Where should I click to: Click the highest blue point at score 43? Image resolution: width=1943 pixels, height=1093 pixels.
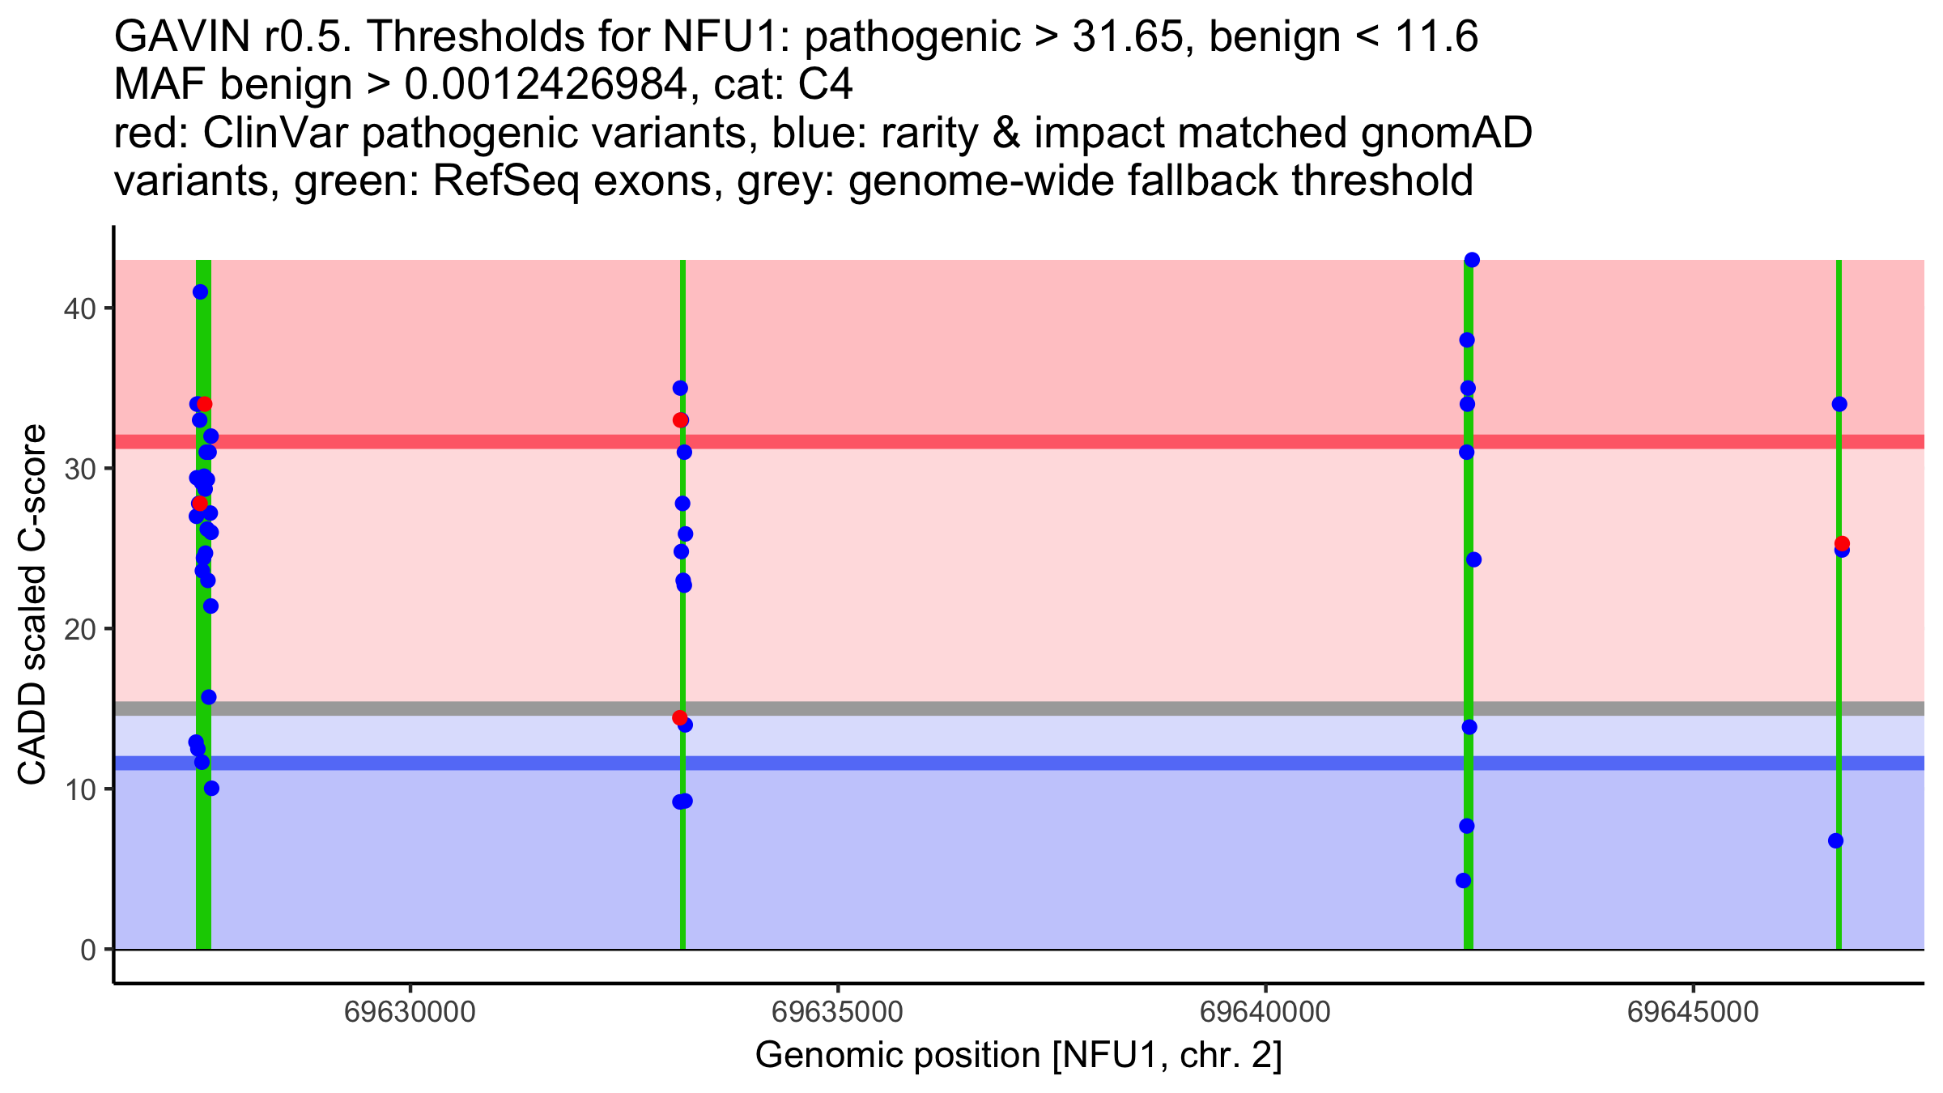(x=1472, y=260)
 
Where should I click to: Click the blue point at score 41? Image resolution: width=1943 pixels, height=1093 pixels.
(x=201, y=292)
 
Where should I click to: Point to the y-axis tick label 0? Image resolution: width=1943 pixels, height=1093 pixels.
(x=87, y=950)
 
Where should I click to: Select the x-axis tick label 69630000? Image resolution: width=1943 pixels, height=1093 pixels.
(x=410, y=1012)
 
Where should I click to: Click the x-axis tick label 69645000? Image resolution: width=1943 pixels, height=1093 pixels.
(x=1693, y=1012)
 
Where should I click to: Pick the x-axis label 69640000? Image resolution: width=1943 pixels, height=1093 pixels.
(x=1265, y=1012)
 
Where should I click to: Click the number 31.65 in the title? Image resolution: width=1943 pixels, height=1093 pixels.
(x=1126, y=36)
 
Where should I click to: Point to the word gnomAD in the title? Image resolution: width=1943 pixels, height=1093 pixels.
(x=1446, y=133)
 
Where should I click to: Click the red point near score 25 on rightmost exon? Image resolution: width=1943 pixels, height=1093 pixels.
(x=1842, y=543)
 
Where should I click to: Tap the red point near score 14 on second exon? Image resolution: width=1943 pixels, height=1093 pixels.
(x=679, y=717)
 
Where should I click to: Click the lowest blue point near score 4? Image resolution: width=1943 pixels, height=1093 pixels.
(x=1463, y=880)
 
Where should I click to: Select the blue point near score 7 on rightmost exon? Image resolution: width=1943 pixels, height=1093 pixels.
(x=1835, y=840)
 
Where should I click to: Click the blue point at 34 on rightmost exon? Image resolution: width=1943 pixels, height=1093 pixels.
(x=1839, y=404)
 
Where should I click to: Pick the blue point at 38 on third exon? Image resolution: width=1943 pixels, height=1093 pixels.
(x=1467, y=340)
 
